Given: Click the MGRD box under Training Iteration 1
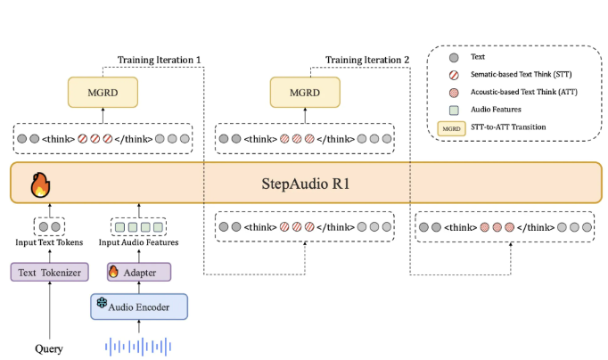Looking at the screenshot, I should point(103,91).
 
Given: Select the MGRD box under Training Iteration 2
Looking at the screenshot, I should point(306,91).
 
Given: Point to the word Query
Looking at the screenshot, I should point(49,348).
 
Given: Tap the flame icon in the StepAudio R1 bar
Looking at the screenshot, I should point(41,186).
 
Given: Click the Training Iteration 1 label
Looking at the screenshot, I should point(160,60).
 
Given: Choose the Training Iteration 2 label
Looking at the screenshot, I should point(367,60).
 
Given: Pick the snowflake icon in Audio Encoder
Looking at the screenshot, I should point(101,306).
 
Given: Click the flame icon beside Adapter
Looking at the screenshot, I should point(113,270).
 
